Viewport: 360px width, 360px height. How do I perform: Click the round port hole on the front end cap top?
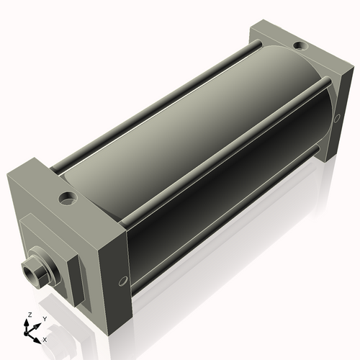pyautogui.click(x=68, y=196)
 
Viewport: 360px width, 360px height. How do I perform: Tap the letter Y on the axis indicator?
pyautogui.click(x=44, y=318)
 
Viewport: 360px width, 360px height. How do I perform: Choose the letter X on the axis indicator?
pyautogui.click(x=45, y=338)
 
